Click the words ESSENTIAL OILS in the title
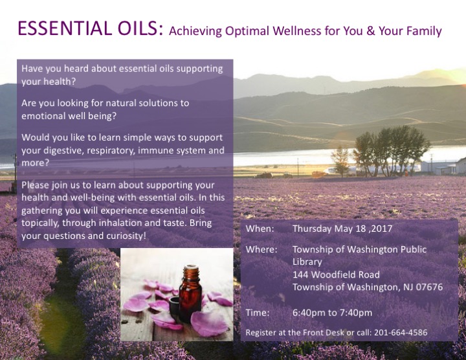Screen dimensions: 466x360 [91, 28]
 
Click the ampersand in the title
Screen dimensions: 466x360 [371, 31]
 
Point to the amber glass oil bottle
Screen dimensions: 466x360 [190, 294]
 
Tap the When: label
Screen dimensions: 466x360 [260, 229]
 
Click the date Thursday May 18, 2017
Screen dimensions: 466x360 [342, 229]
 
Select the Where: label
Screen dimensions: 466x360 [261, 249]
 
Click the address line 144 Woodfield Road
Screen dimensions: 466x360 [336, 275]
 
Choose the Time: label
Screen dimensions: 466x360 [258, 313]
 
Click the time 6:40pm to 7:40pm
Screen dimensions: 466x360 [332, 313]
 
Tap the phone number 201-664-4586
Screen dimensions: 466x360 [401, 332]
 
